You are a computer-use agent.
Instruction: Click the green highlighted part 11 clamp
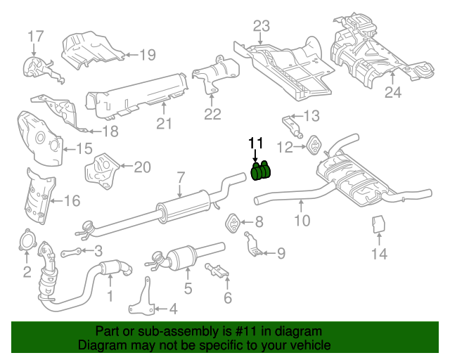click(x=262, y=172)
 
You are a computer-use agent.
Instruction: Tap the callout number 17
click(x=35, y=36)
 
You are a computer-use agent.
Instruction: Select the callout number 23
click(x=262, y=27)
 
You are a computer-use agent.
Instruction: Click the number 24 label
click(x=392, y=91)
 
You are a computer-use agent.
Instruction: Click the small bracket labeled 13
click(x=292, y=126)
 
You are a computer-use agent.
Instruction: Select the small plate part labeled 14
click(x=378, y=224)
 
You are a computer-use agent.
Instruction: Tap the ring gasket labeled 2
click(x=27, y=240)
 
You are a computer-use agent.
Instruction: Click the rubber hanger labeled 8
click(x=233, y=224)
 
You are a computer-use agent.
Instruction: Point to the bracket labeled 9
click(x=254, y=246)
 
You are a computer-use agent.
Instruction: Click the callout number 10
click(x=302, y=221)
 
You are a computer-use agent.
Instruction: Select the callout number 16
click(x=72, y=202)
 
